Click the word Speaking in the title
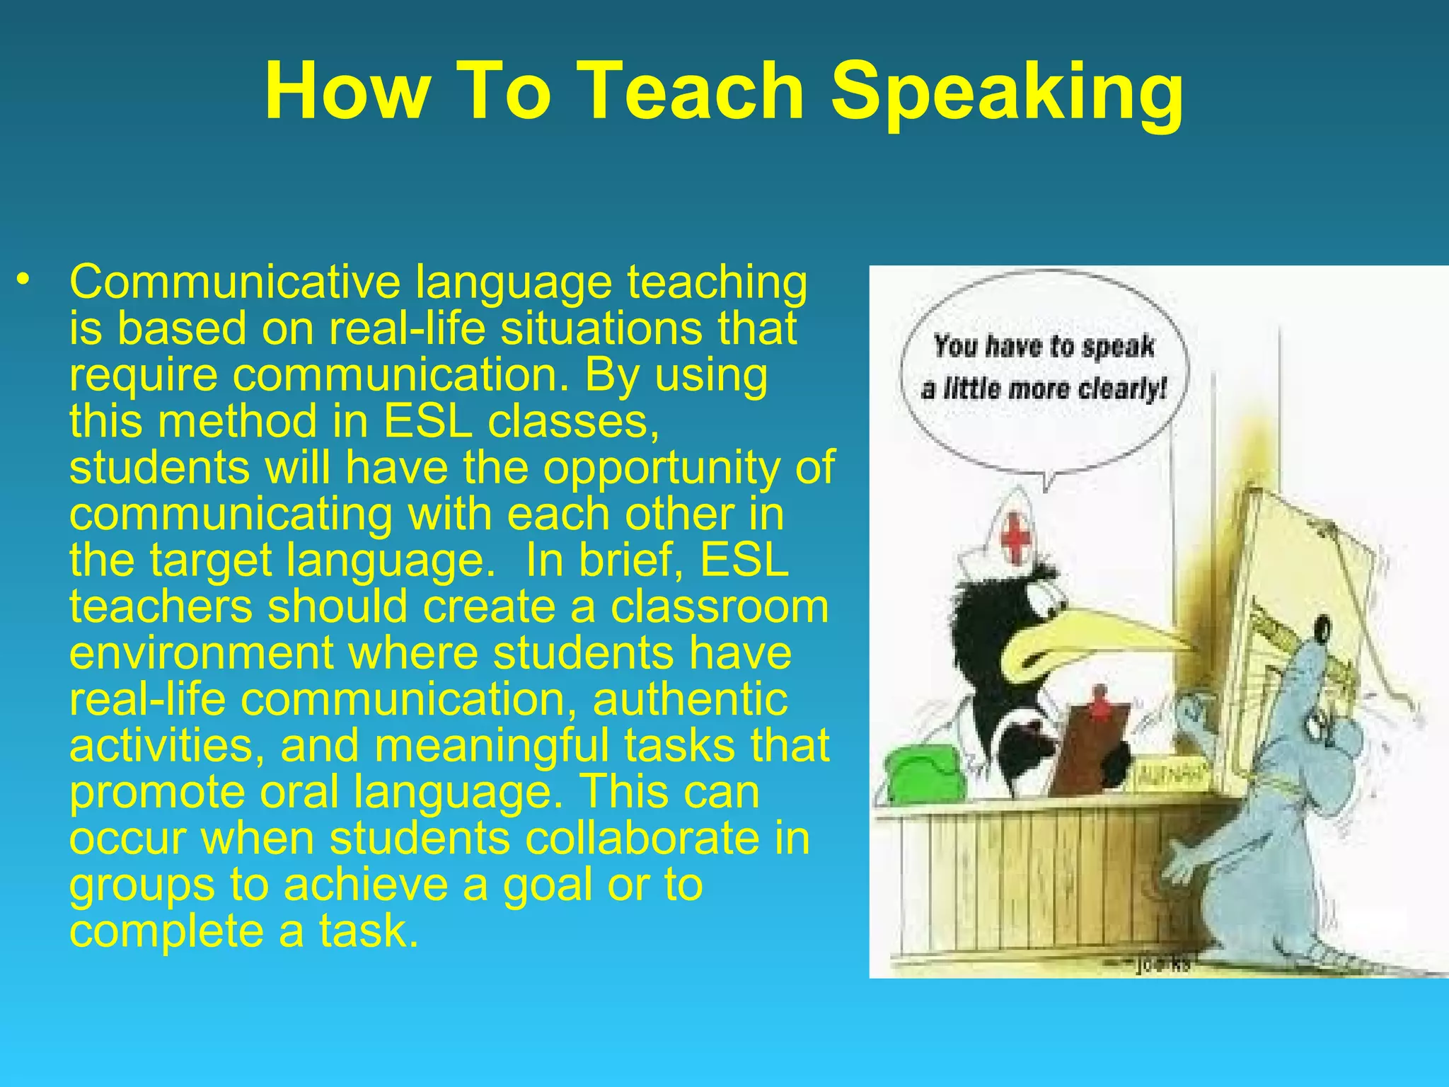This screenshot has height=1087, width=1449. point(1007,92)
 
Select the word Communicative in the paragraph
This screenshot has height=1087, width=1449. point(235,282)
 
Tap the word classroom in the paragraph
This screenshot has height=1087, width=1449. point(720,606)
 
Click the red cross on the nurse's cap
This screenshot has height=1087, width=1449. point(1017,539)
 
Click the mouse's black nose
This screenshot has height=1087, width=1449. point(1320,625)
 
